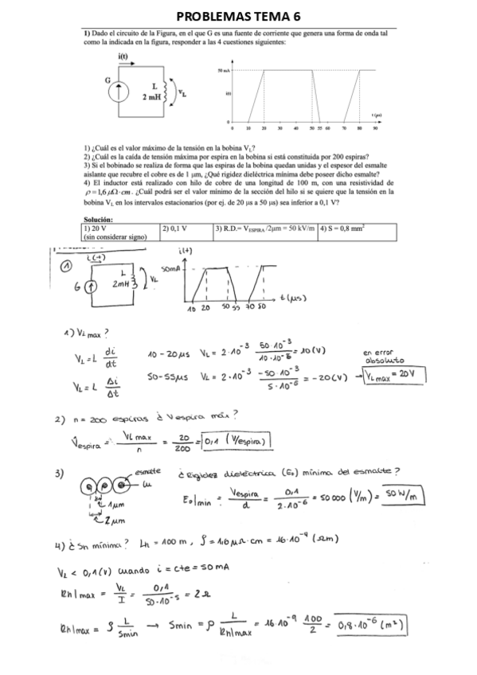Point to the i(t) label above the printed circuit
(123, 56)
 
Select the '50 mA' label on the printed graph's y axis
(225, 71)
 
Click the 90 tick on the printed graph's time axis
(373, 127)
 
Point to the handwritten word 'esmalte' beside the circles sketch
(149, 471)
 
